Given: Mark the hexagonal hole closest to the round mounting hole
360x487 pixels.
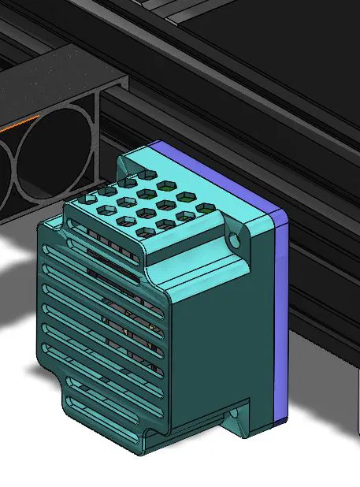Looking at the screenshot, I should [205, 208].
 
